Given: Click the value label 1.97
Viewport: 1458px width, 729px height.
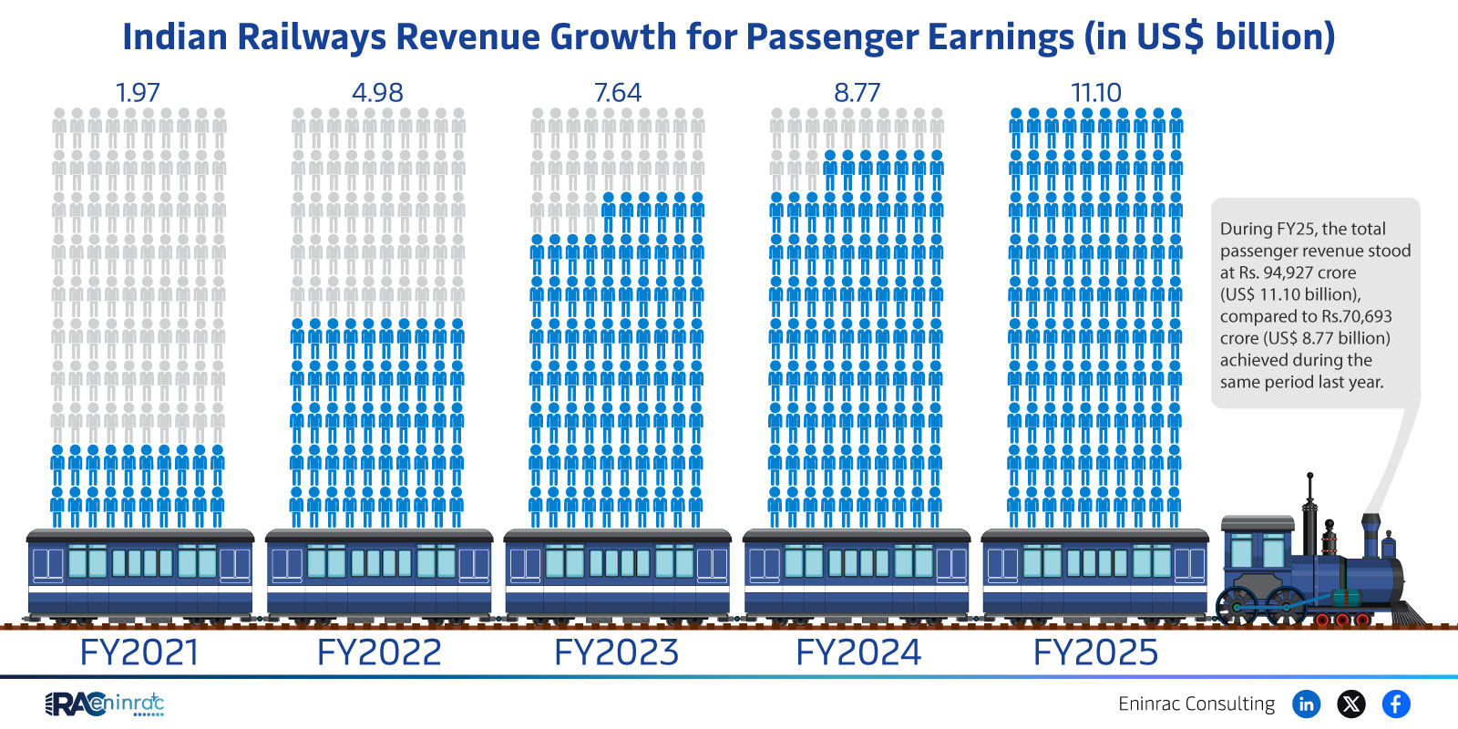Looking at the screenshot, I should coord(138,93).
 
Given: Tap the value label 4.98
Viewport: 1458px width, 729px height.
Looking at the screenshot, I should coord(377,93).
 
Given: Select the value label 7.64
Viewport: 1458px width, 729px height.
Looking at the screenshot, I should coord(617,93).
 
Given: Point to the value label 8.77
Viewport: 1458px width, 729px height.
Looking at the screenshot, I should coord(857,93).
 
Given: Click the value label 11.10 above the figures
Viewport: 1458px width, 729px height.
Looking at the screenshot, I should coord(1095,93).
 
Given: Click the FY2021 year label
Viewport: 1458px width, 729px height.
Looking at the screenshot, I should coord(139,652).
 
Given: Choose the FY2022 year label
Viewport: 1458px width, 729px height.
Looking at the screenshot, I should coord(379,652).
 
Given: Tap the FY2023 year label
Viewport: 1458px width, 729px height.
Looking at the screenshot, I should coord(617,652).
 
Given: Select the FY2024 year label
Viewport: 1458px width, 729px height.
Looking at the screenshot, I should coord(858,652).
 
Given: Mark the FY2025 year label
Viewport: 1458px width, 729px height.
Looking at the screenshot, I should coord(1095,652).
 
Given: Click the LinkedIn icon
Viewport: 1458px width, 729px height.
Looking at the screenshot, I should coord(1306,703).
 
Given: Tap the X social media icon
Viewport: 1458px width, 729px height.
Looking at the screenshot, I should coord(1351,703).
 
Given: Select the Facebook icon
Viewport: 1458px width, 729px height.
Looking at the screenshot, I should coord(1396,703).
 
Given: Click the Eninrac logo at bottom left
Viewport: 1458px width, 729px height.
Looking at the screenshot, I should coord(105,703).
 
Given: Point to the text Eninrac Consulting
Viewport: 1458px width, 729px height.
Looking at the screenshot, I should coord(1196,703).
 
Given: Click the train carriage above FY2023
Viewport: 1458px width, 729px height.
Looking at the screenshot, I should coord(617,574).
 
